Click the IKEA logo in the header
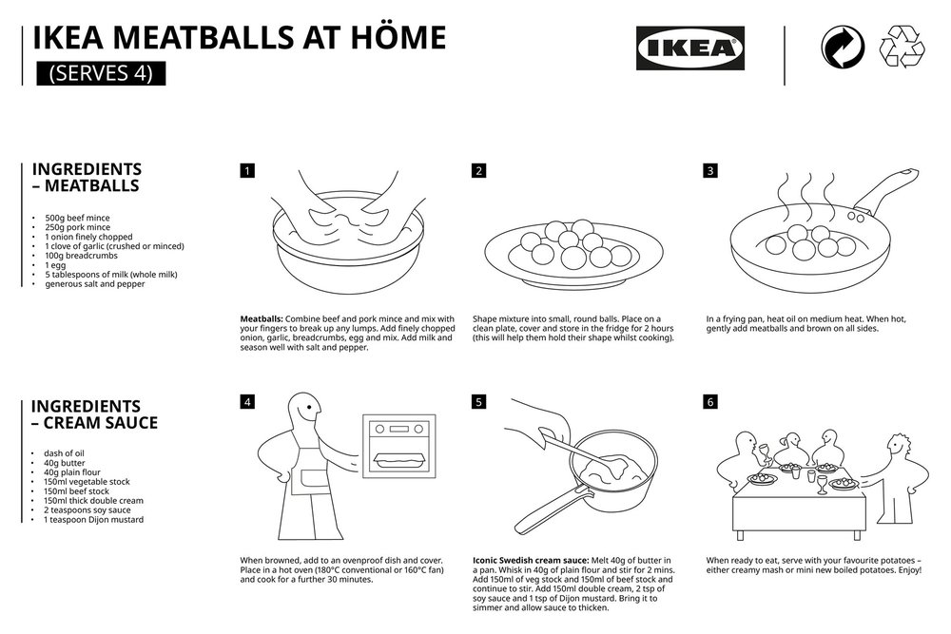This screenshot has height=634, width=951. click(x=689, y=48)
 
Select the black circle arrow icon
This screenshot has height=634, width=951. click(x=842, y=48)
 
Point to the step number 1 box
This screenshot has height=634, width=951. click(x=247, y=171)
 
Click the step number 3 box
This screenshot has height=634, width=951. click(x=710, y=171)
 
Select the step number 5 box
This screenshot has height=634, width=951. click(x=479, y=402)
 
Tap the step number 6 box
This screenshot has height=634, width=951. click(x=710, y=402)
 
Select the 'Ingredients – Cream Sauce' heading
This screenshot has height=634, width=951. click(x=95, y=414)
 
